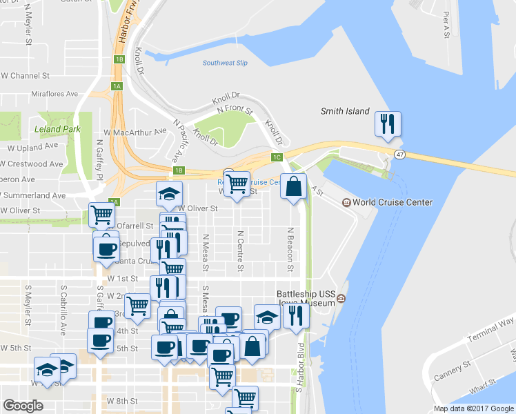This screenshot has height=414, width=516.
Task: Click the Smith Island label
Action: (345, 111)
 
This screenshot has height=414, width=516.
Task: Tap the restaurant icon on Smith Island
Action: (388, 124)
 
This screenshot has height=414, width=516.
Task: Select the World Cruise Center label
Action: (392, 202)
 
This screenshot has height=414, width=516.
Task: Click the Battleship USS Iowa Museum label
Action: (306, 297)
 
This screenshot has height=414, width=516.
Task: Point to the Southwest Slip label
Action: (225, 63)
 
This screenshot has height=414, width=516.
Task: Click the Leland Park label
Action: (57, 129)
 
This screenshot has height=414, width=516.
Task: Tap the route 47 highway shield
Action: (400, 155)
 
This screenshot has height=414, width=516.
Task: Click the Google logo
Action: (23, 406)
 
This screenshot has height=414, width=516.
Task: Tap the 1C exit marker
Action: (277, 157)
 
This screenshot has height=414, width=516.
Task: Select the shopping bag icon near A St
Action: (293, 186)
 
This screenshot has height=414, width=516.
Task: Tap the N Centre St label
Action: (240, 250)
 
